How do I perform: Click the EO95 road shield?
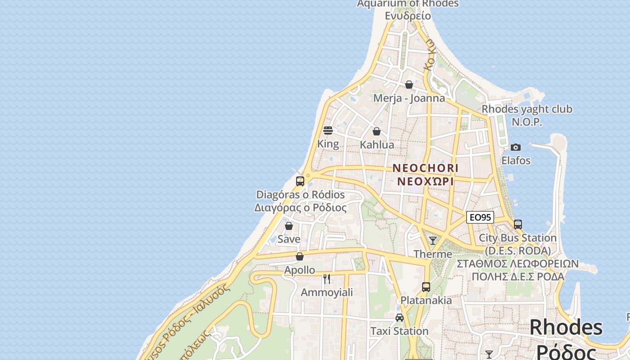coord(480,218)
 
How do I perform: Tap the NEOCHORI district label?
coord(425,168)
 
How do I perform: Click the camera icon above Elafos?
coord(516,148)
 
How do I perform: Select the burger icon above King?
coord(328,130)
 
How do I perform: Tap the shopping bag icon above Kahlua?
coord(377,131)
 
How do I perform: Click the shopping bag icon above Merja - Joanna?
coord(409,85)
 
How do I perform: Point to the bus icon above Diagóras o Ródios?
coord(300,181)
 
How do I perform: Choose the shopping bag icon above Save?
coord(289,226)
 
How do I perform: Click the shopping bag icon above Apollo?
coord(300,257)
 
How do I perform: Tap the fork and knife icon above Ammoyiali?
coord(327,279)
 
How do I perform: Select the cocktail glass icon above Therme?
coord(433,241)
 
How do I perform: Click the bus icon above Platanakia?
coord(426,287)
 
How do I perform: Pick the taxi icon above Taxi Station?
coord(400,318)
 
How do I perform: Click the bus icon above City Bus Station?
coord(518,224)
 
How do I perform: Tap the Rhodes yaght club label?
coord(527,109)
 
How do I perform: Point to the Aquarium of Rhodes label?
coord(408,4)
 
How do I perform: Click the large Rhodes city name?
coord(566,328)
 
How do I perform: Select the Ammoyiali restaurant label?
coord(327,292)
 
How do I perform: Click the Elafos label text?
coord(516,161)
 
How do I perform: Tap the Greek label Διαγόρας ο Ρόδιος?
coord(301,208)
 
